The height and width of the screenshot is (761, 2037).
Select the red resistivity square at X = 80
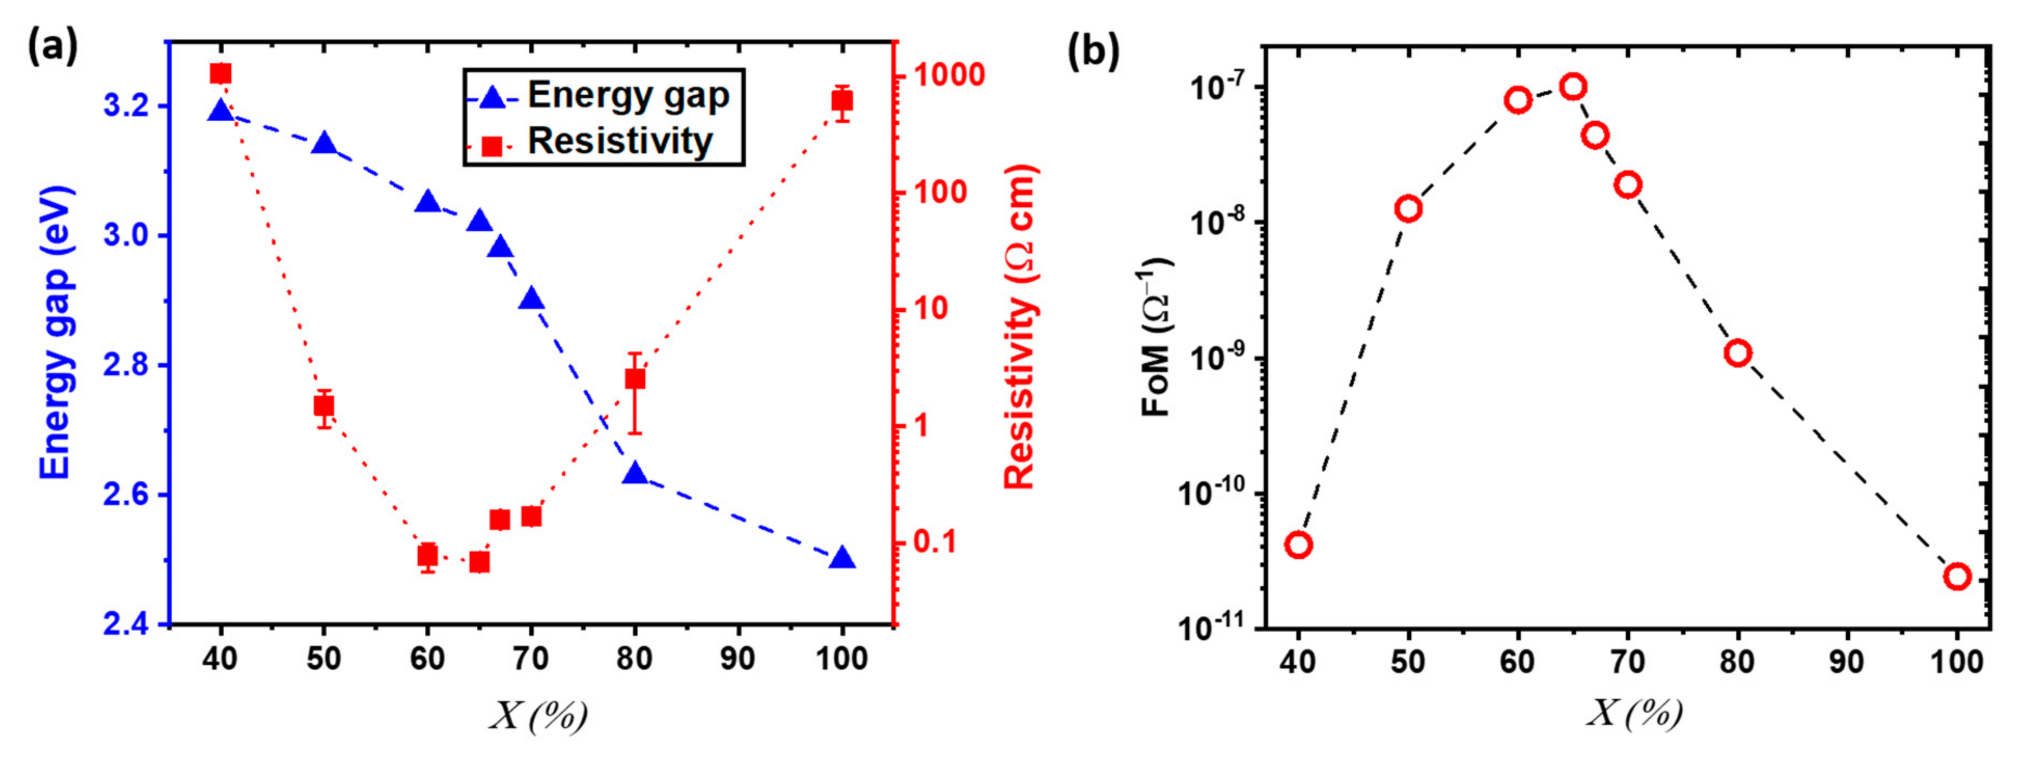click(634, 379)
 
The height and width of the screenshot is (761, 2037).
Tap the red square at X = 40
click(220, 74)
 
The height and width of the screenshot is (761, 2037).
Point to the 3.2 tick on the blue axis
click(127, 107)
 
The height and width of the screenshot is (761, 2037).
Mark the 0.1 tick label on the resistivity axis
click(935, 543)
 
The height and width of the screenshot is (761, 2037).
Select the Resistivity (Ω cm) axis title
click(1021, 328)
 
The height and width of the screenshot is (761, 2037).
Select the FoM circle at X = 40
click(1299, 544)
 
